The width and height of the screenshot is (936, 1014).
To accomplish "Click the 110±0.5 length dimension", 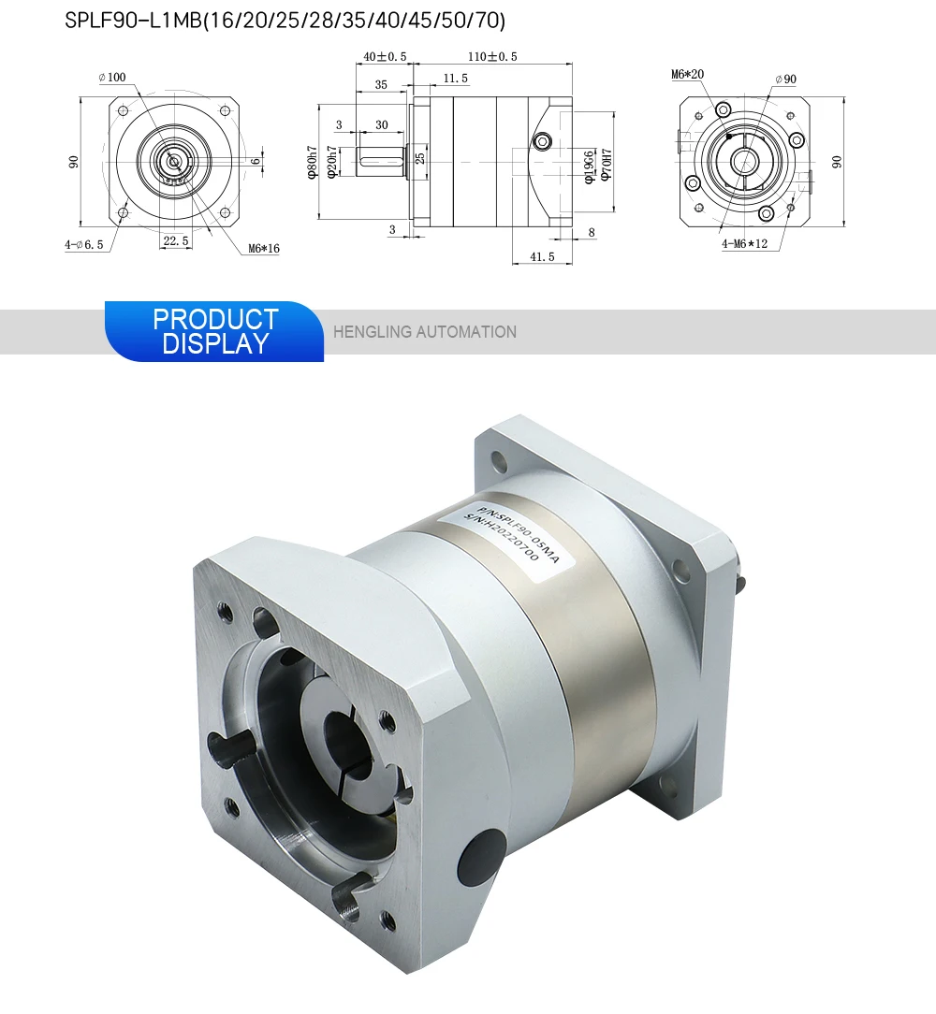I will coord(492,57).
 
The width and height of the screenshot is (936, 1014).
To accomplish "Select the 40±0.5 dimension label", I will coord(385,57).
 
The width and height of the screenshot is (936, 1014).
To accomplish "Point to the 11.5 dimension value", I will coord(455,79).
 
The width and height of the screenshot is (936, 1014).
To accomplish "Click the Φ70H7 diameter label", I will coord(606,165).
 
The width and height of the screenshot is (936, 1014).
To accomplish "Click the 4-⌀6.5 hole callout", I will coord(83,245).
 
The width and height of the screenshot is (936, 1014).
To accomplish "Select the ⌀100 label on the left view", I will coord(113,77).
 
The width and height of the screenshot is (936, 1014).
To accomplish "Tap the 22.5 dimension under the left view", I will coord(176,240).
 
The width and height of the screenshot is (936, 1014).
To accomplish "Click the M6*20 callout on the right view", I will coord(687,74).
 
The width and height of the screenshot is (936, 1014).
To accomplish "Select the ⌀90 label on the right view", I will coord(785,80).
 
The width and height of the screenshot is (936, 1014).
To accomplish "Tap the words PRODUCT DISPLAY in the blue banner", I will coord(215,331).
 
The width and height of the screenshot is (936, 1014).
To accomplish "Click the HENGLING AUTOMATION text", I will coord(425,331).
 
